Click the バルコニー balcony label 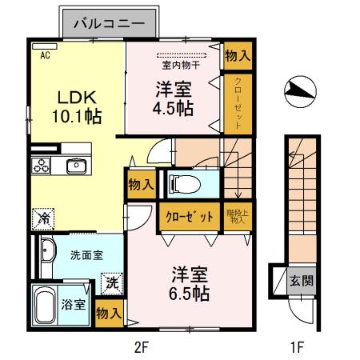tap(109, 24)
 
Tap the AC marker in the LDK tap(45, 55)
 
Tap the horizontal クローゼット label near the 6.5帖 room tap(190, 217)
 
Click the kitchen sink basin tap(77, 166)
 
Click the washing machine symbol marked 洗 tap(111, 282)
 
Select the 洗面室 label tap(85, 256)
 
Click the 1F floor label tap(296, 346)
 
